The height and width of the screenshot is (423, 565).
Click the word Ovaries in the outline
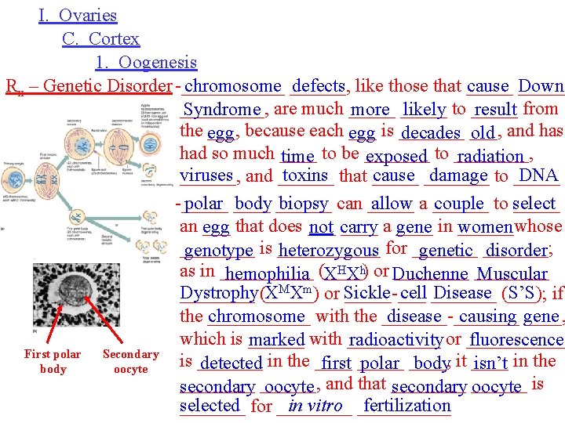(88, 16)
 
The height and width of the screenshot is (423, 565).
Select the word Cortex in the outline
(114, 39)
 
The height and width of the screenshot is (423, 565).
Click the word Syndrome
(222, 110)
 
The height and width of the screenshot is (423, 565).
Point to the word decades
(430, 133)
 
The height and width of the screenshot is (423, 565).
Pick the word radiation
(491, 157)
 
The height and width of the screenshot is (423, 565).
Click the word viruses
(206, 177)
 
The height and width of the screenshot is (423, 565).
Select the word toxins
(305, 177)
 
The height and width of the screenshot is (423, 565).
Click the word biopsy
(304, 204)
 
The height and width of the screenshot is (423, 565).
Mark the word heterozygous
(328, 251)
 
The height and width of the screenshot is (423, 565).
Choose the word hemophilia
(267, 274)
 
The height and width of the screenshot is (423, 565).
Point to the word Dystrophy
(218, 294)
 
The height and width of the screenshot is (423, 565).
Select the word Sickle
(367, 294)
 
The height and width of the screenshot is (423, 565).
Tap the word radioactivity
(395, 341)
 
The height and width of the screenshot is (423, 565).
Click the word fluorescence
(516, 341)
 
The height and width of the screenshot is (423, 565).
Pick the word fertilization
(407, 406)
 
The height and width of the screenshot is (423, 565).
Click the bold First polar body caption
(53, 361)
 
